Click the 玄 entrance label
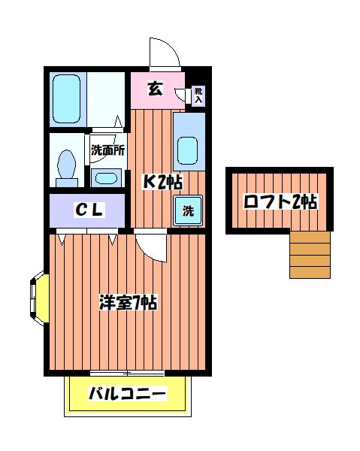155,89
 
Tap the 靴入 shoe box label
198,94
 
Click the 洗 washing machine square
188,210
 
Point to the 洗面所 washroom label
108,150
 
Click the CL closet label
89,210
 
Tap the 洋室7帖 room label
128,302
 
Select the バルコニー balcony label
127,394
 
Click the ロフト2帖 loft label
280,201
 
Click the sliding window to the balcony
126,373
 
